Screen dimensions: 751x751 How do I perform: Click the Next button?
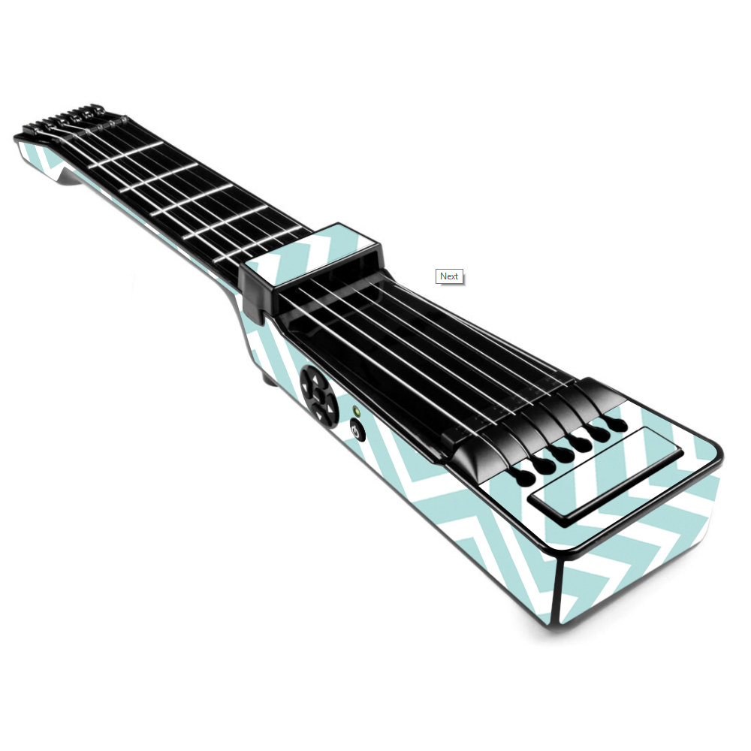click(x=449, y=276)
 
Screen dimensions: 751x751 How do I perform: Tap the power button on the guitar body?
click(x=357, y=430)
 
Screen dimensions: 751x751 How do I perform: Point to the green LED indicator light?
click(x=356, y=411)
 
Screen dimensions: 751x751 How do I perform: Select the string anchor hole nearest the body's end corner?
click(x=617, y=424)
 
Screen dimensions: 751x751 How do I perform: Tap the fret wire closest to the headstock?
click(x=125, y=155)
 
